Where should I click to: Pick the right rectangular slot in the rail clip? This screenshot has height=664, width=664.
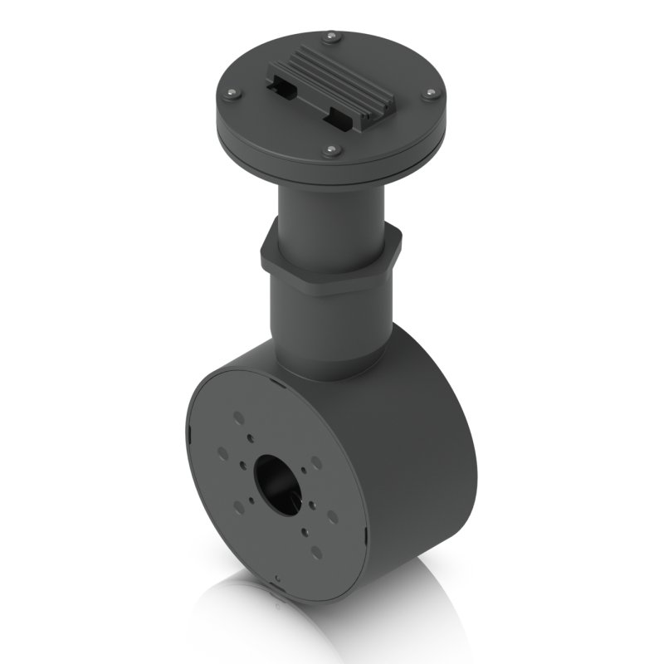pos(340,115)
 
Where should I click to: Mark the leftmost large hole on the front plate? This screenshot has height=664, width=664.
pos(222,453)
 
